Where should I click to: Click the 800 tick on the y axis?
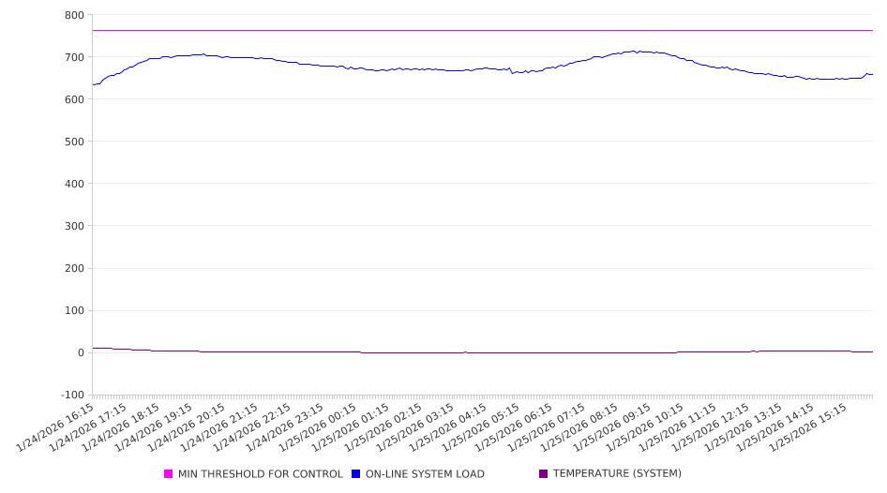pos(74,15)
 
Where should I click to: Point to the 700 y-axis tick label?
pos(74,57)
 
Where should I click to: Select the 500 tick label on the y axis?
pos(74,142)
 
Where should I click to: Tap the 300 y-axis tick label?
pos(74,226)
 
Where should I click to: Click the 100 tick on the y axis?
pos(74,310)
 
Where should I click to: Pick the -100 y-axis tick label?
pos(71,395)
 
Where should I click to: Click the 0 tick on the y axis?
pos(80,352)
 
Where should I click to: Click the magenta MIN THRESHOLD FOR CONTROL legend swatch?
pos(169,474)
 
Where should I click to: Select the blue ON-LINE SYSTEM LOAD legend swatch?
pos(356,474)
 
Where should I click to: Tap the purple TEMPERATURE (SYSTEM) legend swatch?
pos(544,474)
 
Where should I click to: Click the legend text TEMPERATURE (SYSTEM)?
pos(617,474)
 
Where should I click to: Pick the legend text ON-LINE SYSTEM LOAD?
pos(425,474)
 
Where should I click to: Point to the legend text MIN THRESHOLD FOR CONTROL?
pos(261,474)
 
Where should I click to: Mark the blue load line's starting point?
pos(93,84)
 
